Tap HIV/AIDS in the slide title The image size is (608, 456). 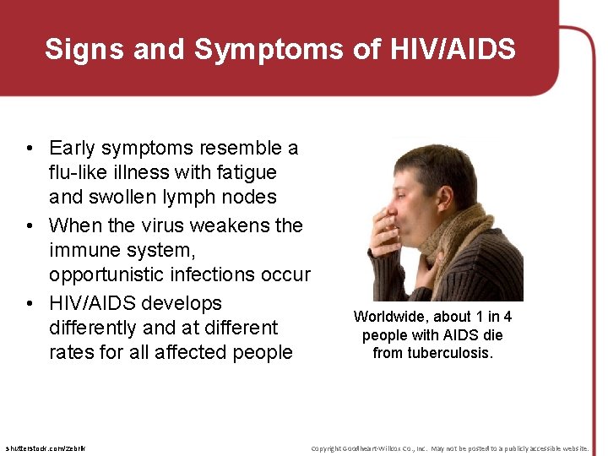coord(453,50)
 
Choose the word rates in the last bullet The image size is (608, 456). coord(71,351)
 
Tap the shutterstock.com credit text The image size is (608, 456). coord(45,448)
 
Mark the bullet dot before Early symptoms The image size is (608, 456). coord(30,149)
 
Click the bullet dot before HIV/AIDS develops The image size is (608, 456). coord(30,303)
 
